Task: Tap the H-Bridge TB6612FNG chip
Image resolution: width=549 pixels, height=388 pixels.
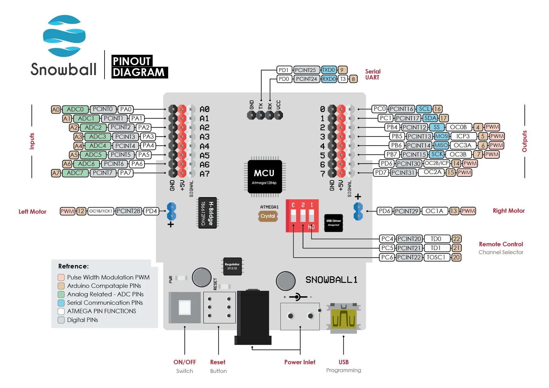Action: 208,213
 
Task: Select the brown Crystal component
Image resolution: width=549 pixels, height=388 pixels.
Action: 268,216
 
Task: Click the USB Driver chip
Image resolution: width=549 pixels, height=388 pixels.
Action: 333,223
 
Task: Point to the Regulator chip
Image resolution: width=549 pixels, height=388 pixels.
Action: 232,266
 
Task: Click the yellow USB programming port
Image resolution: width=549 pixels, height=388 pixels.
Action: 344,319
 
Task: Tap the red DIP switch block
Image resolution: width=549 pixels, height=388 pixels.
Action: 302,216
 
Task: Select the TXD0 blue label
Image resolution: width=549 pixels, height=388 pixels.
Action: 329,70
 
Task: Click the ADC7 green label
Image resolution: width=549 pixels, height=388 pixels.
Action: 75,173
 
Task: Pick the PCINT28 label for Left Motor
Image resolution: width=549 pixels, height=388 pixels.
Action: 128,211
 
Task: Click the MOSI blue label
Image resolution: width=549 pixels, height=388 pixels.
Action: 442,136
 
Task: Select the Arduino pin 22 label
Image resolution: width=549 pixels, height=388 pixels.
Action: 456,239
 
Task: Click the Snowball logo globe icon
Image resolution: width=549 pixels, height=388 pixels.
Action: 64,36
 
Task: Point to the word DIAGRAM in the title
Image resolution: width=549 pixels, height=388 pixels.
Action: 139,73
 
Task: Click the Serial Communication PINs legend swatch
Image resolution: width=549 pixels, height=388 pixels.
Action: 61,303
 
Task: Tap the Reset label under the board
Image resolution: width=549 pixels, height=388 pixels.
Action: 218,362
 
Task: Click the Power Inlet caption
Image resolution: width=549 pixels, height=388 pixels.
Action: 300,362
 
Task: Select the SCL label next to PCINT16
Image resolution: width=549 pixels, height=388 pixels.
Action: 425,109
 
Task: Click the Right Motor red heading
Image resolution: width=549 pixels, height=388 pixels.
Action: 509,211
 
